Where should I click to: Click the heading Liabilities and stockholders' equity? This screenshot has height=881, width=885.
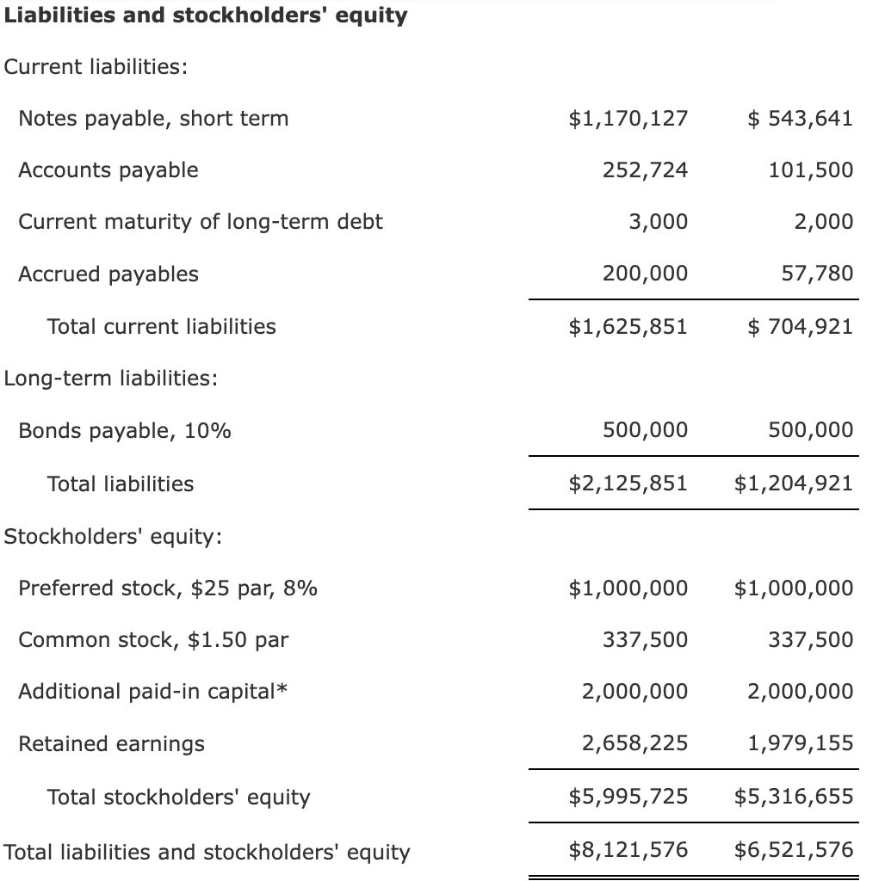coord(206,15)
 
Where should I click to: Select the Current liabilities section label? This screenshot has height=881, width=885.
coord(96,67)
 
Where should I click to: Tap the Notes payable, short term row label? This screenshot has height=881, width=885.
coord(153,118)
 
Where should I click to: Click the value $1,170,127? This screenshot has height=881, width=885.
coord(628,118)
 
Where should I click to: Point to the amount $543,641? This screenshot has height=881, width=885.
coord(800,118)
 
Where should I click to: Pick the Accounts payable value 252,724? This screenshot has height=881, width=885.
coord(645,169)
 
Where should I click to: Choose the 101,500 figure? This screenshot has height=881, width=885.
coord(812,169)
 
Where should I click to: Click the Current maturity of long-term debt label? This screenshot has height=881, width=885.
coord(201,221)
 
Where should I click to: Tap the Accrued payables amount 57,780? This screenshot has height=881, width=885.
coord(817,274)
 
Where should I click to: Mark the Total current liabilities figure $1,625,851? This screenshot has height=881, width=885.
coord(628,326)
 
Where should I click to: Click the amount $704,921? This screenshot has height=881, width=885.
coord(800,326)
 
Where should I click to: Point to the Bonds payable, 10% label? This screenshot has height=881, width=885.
coord(125,430)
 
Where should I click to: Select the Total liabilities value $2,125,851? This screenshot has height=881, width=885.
coord(628,483)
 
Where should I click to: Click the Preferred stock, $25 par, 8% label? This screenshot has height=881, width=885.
coord(168,588)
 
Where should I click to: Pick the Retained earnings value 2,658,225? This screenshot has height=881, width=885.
coord(634,742)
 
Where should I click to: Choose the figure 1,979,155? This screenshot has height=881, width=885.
coord(801,742)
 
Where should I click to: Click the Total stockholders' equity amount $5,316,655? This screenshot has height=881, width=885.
coord(794,796)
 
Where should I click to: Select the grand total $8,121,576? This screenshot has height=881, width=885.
coord(628,850)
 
